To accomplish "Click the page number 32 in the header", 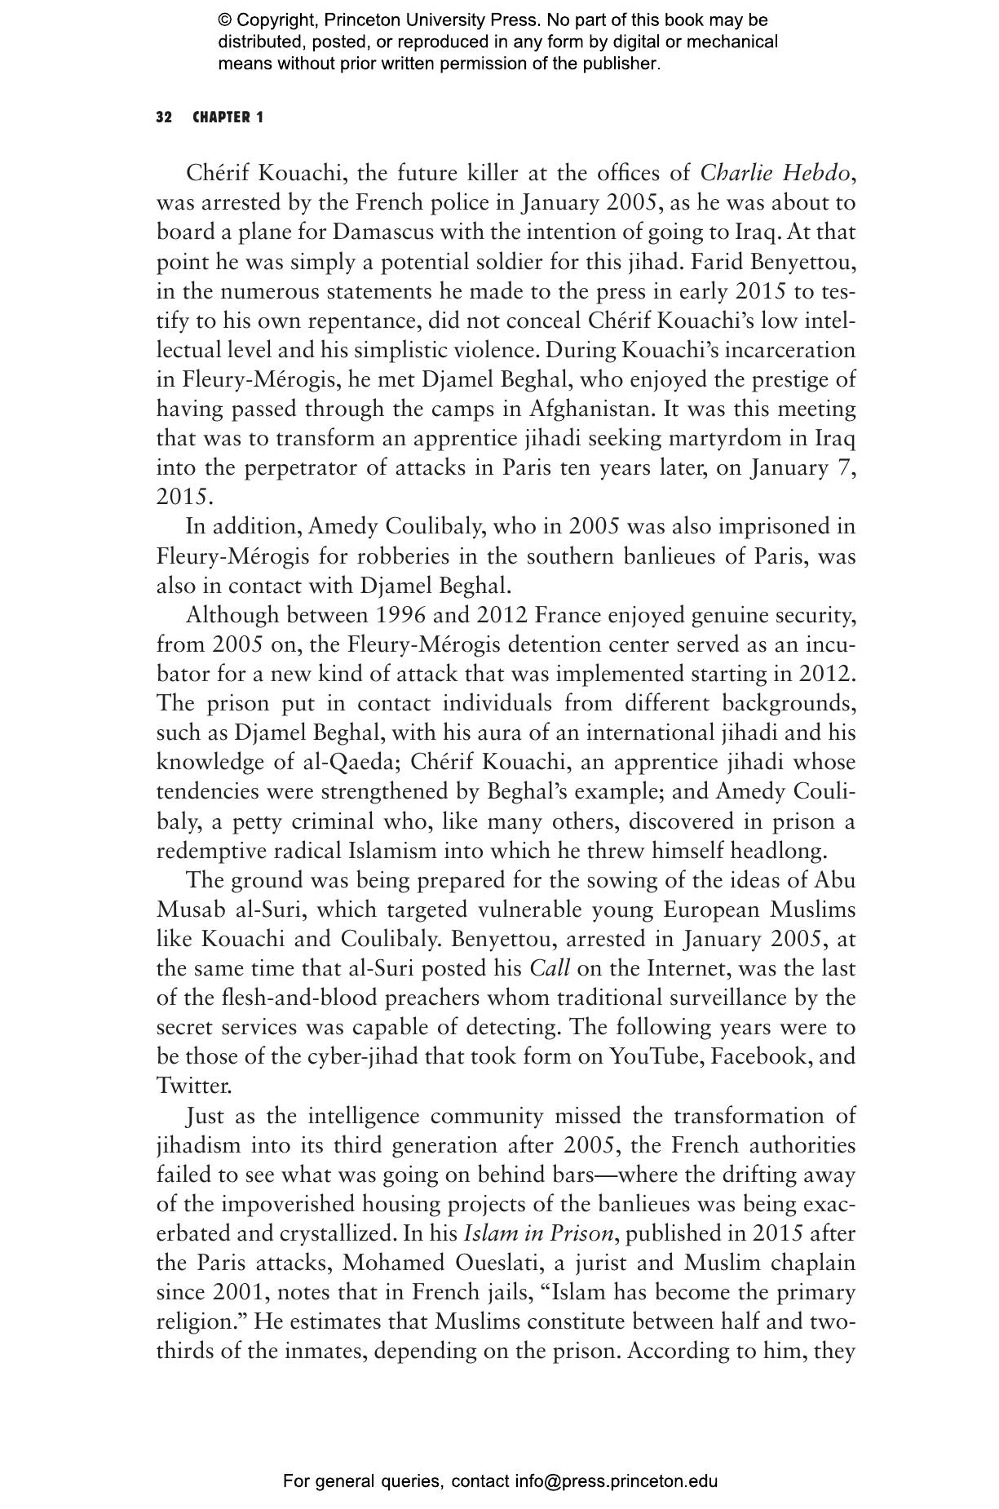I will tap(164, 117).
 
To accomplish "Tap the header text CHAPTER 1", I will tap(228, 117).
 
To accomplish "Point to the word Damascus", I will tap(383, 232).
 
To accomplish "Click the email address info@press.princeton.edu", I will tap(616, 1481).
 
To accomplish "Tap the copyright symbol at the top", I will tap(226, 20).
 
